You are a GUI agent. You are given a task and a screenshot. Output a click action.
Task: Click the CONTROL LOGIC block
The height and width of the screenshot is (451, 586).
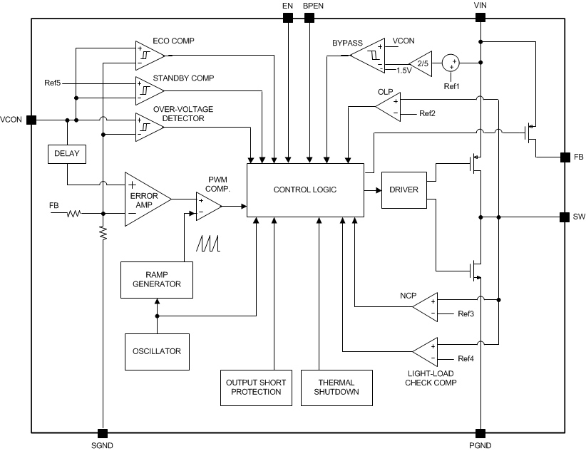pos(305,190)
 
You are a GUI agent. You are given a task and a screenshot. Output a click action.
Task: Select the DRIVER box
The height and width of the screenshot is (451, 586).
pos(404,190)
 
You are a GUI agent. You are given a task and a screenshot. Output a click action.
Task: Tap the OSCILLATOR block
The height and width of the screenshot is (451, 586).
pos(157,351)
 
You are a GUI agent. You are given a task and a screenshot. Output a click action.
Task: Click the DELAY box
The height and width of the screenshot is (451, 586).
pos(66,154)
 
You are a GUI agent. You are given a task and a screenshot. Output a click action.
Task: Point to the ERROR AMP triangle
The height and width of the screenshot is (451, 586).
pos(145,199)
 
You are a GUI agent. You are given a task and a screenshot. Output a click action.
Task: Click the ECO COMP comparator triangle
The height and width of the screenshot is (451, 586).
pos(148,53)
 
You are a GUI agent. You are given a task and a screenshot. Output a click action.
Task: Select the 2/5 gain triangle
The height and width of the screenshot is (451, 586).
pos(421,63)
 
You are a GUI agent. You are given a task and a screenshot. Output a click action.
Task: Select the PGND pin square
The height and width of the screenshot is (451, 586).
pos(481,433)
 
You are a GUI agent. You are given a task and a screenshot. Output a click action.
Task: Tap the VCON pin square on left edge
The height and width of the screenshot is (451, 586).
pos(31,120)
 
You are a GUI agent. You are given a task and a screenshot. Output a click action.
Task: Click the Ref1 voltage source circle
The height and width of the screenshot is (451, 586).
pos(451,63)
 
